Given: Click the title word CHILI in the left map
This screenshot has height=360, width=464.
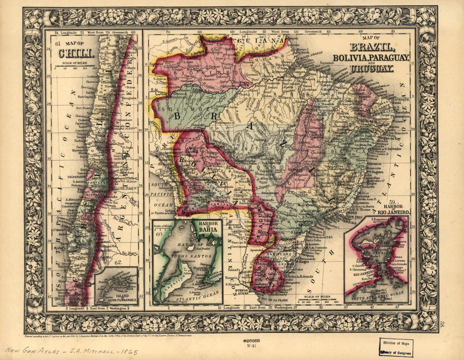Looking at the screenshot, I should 76,54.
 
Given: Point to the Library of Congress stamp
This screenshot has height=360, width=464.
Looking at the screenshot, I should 396,347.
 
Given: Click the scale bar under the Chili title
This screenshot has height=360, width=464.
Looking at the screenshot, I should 76,68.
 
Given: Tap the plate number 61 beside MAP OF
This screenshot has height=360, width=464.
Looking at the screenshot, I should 58,43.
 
